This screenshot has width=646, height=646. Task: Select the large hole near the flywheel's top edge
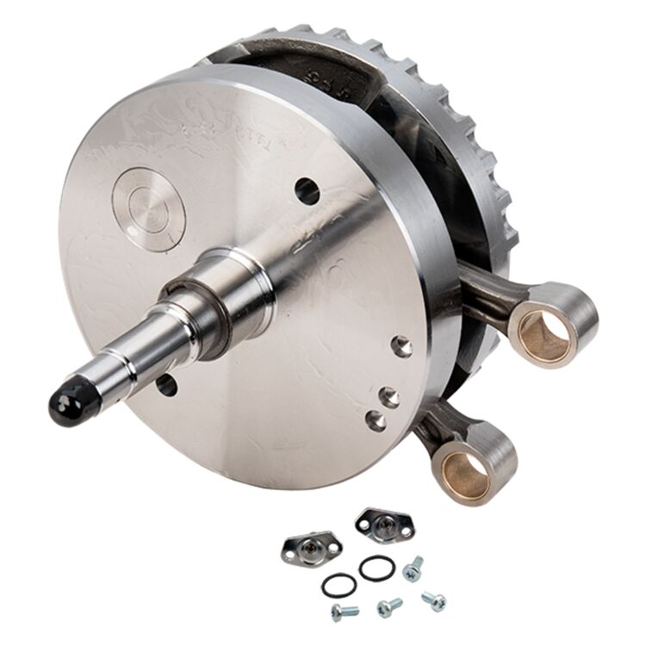[x=307, y=190]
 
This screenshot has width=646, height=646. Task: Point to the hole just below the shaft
[x=165, y=384]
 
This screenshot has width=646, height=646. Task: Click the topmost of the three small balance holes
[x=401, y=346]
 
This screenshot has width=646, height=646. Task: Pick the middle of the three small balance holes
[x=390, y=397]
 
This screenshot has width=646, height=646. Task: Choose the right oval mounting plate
[x=384, y=525]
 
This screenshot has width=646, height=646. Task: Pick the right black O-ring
[x=377, y=568]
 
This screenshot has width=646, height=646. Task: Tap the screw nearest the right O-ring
[x=414, y=568]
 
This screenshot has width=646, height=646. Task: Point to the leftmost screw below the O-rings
[x=345, y=612]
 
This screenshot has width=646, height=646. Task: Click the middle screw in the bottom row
[x=389, y=607]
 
